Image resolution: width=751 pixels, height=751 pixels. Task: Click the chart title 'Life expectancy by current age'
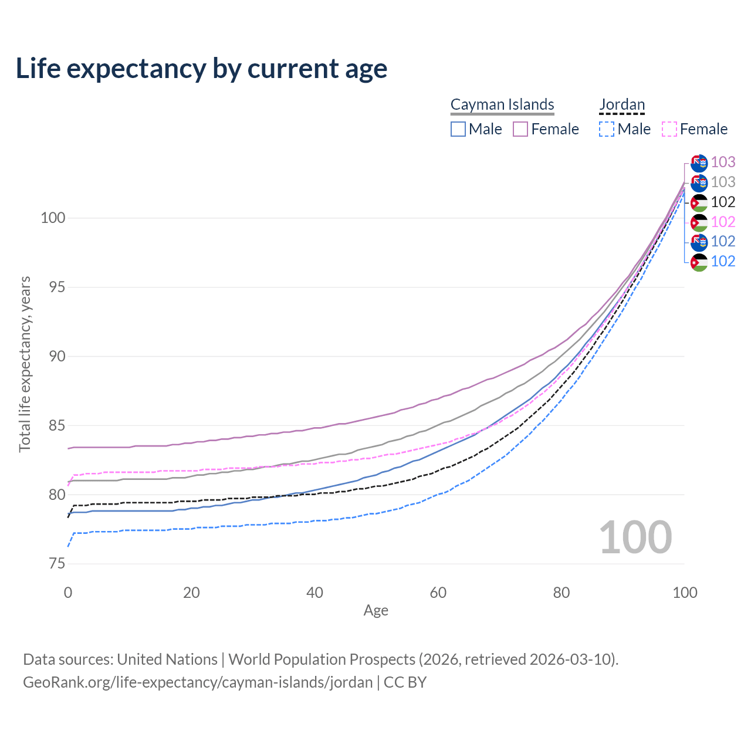pos(201,69)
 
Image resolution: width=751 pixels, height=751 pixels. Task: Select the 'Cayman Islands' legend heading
pos(502,104)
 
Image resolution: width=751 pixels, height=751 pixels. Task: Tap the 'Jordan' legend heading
pos(622,104)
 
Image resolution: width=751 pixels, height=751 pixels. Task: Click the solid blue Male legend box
pos(458,129)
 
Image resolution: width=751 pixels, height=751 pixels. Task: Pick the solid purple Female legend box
pos(520,129)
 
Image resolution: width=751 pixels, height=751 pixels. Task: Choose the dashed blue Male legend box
pos(607,129)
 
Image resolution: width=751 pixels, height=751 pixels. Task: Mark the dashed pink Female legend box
pos(669,129)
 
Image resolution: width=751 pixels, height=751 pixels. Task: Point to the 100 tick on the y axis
pos(53,218)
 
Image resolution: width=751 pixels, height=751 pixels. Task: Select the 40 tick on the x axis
pos(315,593)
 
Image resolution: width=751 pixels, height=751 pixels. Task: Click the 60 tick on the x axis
pos(438,593)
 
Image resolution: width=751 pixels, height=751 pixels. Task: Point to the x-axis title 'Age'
pos(376,611)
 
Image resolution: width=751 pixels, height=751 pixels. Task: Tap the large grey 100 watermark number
pos(635,537)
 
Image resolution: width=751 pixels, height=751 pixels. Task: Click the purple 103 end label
pos(723,162)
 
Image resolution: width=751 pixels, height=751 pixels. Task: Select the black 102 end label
pos(723,202)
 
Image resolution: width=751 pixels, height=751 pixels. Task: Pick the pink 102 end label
pos(723,222)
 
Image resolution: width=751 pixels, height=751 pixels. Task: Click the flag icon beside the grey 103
pos(699,182)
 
